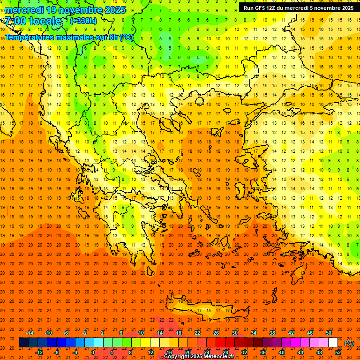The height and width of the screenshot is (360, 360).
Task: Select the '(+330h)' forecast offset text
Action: (x=83, y=21)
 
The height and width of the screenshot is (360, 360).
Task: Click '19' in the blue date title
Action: (x=52, y=10)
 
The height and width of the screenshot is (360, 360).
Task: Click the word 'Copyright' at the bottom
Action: (x=178, y=357)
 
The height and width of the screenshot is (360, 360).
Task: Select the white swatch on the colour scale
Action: (x=333, y=343)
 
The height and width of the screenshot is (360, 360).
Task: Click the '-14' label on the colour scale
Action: (x=30, y=333)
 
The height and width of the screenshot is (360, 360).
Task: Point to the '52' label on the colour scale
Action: (x=337, y=352)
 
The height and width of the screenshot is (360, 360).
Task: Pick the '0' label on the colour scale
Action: (x=92, y=352)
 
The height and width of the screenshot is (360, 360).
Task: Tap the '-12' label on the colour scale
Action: (x=39, y=352)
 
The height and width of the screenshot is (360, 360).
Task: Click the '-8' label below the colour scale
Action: (x=57, y=352)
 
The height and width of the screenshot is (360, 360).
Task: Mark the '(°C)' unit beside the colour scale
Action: (x=349, y=343)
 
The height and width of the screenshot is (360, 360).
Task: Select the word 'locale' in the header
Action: (x=46, y=22)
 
